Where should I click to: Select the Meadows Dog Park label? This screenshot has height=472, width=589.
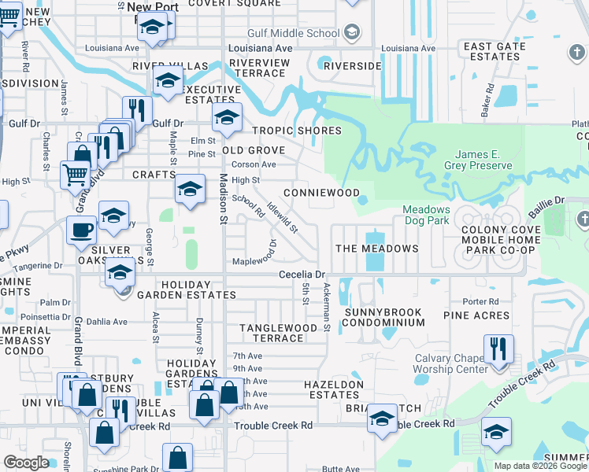(426, 216)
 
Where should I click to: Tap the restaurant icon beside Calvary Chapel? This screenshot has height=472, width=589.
(498, 348)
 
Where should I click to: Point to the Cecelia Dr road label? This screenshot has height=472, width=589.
(302, 275)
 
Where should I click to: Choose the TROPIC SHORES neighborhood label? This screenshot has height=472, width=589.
(297, 131)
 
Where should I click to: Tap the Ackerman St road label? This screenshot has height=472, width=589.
(325, 308)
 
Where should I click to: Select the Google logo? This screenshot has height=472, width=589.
(26, 463)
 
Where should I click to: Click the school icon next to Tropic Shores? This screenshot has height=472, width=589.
(227, 119)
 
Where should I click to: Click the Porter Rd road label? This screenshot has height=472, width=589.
(482, 301)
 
